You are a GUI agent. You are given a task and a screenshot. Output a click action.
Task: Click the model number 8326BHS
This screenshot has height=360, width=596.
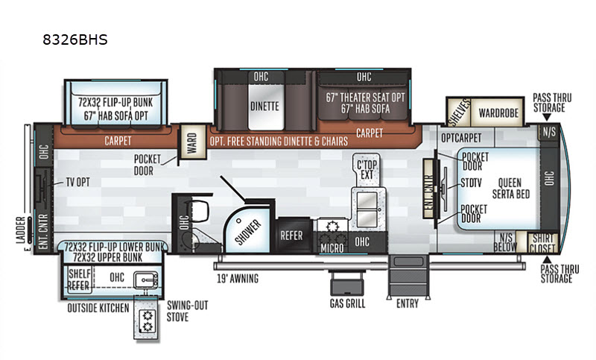coord(75,40)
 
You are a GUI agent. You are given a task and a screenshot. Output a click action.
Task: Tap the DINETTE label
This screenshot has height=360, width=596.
coord(264,106)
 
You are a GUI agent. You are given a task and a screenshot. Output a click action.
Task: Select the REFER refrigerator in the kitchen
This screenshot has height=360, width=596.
coord(291,236)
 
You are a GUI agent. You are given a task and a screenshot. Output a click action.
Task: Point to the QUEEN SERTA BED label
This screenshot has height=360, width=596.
coord(510,189)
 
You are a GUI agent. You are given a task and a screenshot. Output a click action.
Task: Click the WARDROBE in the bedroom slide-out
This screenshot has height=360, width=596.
coord(498,113)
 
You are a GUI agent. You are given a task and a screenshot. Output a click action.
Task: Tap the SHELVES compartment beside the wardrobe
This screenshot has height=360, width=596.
coord(459,112)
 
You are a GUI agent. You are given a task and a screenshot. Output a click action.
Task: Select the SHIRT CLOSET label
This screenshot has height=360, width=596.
coord(542,243)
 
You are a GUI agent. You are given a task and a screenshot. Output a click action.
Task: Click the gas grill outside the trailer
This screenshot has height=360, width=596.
coord(346,283)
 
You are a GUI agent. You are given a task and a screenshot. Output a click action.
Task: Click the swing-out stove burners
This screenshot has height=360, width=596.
coord(147,321)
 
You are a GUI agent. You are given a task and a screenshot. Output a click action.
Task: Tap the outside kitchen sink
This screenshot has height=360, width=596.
coord(146,280)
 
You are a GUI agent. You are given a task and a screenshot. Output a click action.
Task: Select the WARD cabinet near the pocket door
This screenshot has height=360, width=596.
coord(193,142)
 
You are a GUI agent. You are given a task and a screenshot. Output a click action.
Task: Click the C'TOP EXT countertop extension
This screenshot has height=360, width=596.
coord(367,169)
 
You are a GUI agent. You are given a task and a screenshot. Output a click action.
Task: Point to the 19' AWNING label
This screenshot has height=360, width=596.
coord(238,279)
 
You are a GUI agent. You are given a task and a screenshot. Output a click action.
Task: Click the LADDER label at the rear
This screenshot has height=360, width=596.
coord(21,230)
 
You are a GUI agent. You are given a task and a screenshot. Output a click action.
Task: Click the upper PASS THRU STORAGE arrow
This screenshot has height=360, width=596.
coord(547,117)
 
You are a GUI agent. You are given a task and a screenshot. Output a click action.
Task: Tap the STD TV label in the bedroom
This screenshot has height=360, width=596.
coord(471,183)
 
